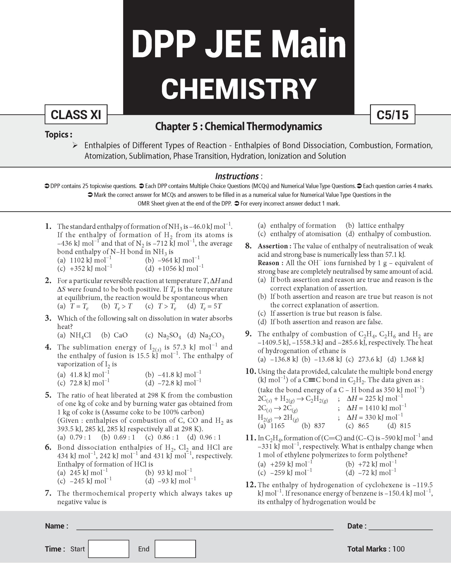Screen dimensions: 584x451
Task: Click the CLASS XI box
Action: click(x=76, y=115)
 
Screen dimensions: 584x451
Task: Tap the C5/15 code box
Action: click(x=392, y=115)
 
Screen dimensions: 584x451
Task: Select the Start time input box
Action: click(x=109, y=549)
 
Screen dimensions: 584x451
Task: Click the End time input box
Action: click(x=175, y=549)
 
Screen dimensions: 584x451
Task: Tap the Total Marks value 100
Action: click(x=399, y=549)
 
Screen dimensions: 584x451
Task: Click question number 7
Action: click(x=48, y=493)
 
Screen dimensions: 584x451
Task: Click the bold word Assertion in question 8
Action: click(x=272, y=246)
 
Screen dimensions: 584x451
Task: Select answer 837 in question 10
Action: click(x=319, y=426)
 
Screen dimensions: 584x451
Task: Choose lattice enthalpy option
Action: click(x=381, y=225)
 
